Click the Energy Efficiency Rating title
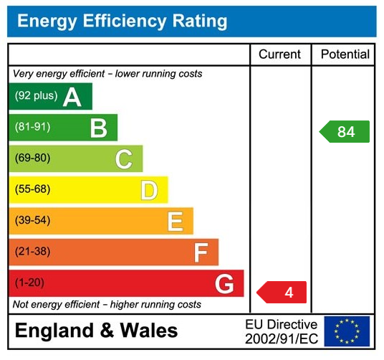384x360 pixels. [122, 21]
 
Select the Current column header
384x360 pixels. [280, 55]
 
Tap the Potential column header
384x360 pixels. [345, 55]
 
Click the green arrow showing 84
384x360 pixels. [345, 132]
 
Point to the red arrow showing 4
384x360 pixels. [283, 292]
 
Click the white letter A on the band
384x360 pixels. [72, 97]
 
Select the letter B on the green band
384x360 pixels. [98, 128]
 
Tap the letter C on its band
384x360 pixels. [124, 158]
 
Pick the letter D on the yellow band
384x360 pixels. [149, 190]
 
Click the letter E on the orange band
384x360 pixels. [175, 221]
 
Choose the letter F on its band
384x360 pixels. [201, 252]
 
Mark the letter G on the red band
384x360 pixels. [224, 284]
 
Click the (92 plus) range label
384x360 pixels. [35, 96]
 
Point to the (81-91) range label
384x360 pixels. [32, 128]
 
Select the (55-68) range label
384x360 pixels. [32, 190]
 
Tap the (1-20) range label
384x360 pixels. [29, 283]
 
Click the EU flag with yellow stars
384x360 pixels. [347, 331]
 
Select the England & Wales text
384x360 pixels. [96, 331]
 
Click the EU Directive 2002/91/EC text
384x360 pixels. [281, 331]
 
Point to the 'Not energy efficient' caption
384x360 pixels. [107, 305]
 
